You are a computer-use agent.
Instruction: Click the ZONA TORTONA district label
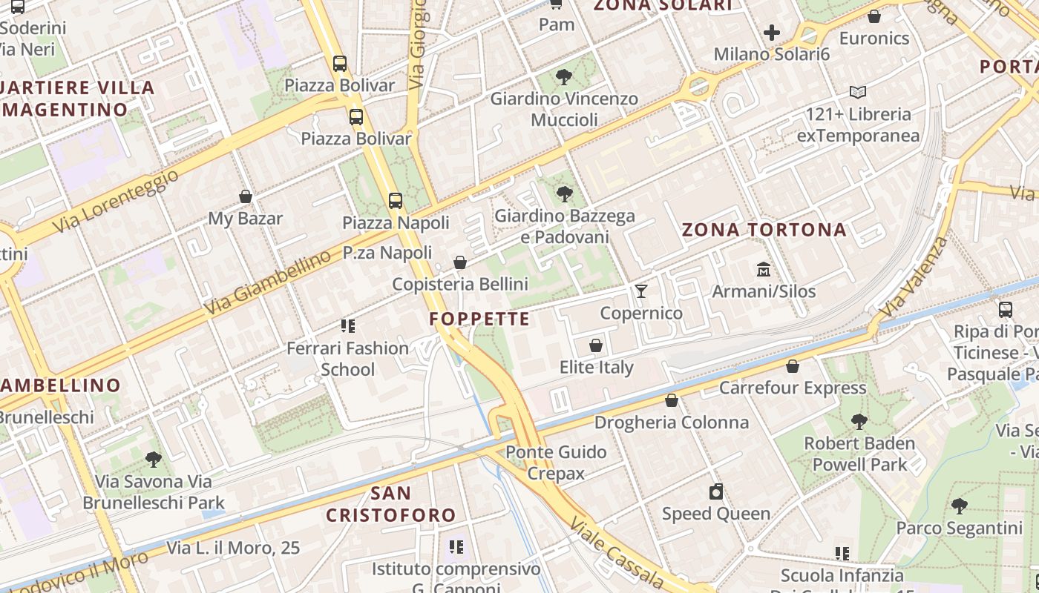(x=764, y=230)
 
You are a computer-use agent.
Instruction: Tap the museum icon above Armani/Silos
(x=764, y=269)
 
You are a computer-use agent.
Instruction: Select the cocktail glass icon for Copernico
(x=641, y=291)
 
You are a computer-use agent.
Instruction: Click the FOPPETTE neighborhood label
(x=479, y=319)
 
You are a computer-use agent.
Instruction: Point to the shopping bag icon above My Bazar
(x=246, y=196)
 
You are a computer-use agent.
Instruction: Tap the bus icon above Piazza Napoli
(x=396, y=200)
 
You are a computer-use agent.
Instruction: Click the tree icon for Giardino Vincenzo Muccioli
(x=564, y=76)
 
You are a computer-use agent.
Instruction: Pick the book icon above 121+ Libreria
(x=858, y=93)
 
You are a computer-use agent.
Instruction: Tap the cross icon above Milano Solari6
(x=772, y=33)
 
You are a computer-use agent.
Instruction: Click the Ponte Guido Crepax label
(x=556, y=463)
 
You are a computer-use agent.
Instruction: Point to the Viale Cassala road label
(x=616, y=552)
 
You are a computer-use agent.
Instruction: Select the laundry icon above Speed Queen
(x=716, y=491)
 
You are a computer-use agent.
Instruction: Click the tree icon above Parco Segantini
(x=959, y=506)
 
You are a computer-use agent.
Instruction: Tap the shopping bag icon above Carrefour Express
(x=793, y=366)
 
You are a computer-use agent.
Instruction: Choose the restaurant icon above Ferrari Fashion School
(x=347, y=326)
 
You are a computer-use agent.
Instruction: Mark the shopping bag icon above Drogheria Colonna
(x=672, y=401)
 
